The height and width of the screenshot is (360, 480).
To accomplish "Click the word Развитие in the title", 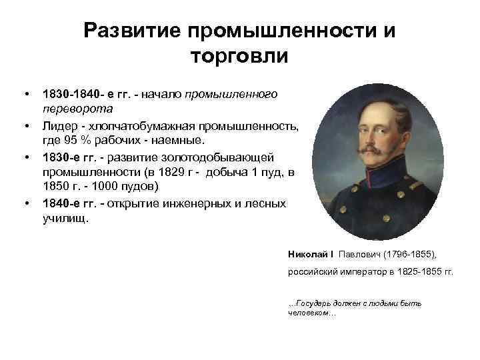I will tap(131, 31).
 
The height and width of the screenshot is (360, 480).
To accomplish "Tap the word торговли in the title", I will tap(239, 57).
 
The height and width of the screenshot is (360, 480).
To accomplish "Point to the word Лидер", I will tap(59, 126).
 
